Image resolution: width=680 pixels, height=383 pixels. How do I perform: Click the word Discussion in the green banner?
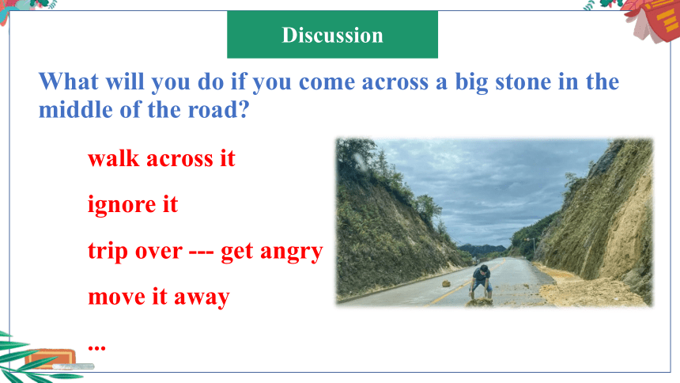333,35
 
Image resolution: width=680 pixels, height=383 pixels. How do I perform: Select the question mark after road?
244,109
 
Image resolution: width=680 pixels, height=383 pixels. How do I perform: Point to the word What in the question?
69,82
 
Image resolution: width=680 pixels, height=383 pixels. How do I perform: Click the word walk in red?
114,158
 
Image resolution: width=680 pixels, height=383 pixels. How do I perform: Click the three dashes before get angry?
201,252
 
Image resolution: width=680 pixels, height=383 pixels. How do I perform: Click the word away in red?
202,298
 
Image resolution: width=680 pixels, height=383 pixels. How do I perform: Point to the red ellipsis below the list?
96,347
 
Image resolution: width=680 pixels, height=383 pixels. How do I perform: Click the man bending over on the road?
481,282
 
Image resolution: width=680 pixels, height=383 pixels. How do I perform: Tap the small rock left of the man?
446,284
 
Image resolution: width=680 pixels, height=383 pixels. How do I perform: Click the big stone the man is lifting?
479,302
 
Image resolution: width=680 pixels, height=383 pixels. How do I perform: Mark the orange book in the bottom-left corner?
51,358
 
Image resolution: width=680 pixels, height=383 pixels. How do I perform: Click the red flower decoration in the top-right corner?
651,20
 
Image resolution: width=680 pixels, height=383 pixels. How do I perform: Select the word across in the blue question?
395,82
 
